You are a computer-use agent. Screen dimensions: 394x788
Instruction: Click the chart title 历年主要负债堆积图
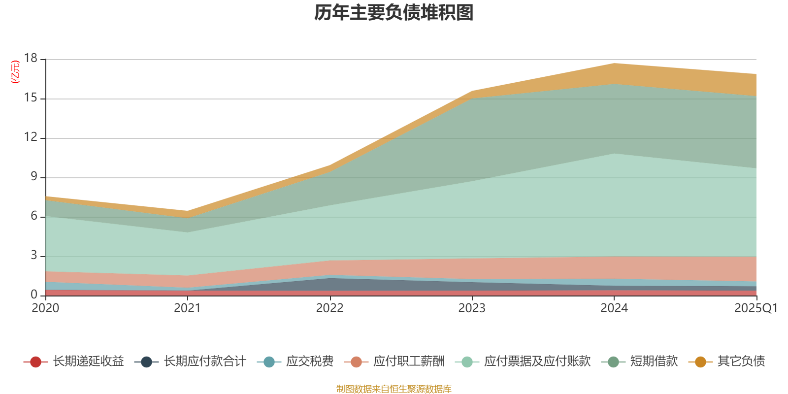(x=394, y=13)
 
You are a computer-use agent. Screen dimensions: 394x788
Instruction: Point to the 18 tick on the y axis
(x=31, y=59)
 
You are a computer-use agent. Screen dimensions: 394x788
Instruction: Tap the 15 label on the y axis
(x=31, y=98)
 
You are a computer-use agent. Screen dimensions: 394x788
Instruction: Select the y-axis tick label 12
(x=31, y=137)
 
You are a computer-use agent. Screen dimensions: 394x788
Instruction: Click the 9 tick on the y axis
(x=33, y=177)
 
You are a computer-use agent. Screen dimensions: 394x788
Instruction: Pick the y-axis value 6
(x=33, y=216)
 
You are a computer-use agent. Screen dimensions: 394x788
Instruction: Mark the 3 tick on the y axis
(x=33, y=256)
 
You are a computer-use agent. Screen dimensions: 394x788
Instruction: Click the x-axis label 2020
(x=45, y=308)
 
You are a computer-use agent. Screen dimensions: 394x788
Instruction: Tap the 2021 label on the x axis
(x=187, y=308)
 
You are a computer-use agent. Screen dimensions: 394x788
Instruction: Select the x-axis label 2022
(x=329, y=308)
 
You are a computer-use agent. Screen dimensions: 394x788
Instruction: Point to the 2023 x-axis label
(x=472, y=308)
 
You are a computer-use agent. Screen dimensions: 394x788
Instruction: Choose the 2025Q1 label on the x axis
(x=755, y=308)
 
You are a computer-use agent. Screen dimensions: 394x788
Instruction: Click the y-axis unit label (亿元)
(x=15, y=72)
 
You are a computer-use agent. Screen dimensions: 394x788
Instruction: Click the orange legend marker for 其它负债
(x=700, y=362)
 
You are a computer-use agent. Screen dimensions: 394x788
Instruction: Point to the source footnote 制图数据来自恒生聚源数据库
(x=394, y=389)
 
